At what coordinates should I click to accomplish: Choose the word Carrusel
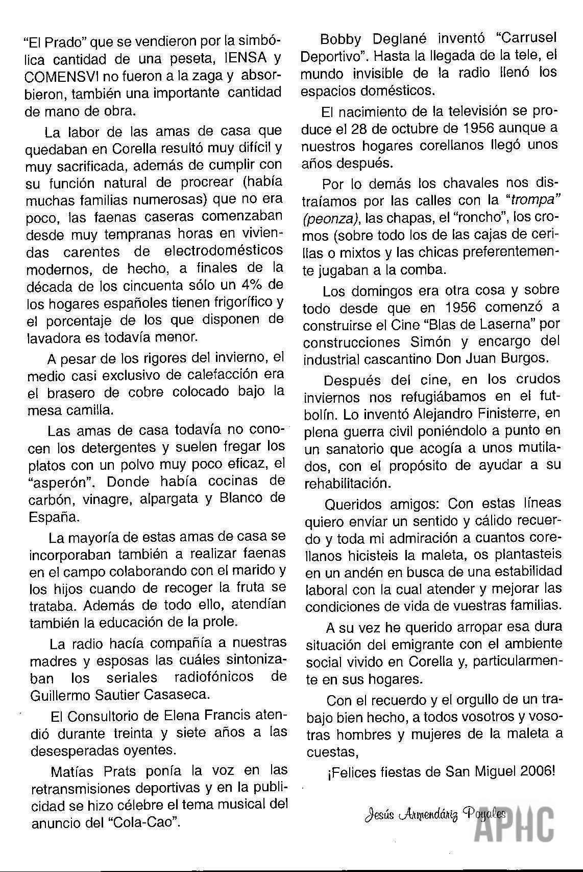point(527,38)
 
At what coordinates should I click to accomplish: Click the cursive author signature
point(434,814)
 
